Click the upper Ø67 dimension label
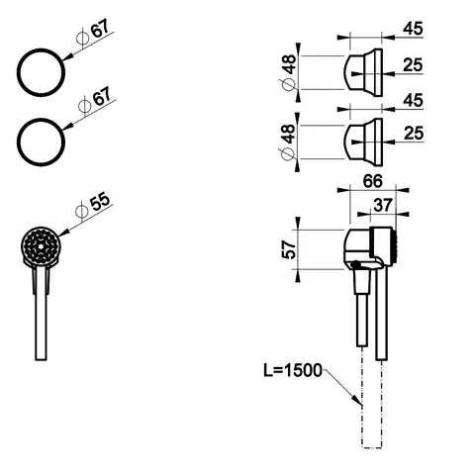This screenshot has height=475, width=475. (x=93, y=34)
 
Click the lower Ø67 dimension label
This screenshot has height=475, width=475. (x=95, y=101)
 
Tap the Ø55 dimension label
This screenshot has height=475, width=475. (x=92, y=206)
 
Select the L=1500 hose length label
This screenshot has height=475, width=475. (x=293, y=371)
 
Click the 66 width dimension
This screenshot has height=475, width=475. (x=373, y=181)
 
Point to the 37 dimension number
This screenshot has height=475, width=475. (x=383, y=206)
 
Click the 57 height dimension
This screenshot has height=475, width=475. (x=289, y=249)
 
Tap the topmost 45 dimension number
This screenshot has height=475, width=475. (x=413, y=29)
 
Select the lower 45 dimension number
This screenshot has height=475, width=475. (x=413, y=100)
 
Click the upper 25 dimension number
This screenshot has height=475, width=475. (x=413, y=65)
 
